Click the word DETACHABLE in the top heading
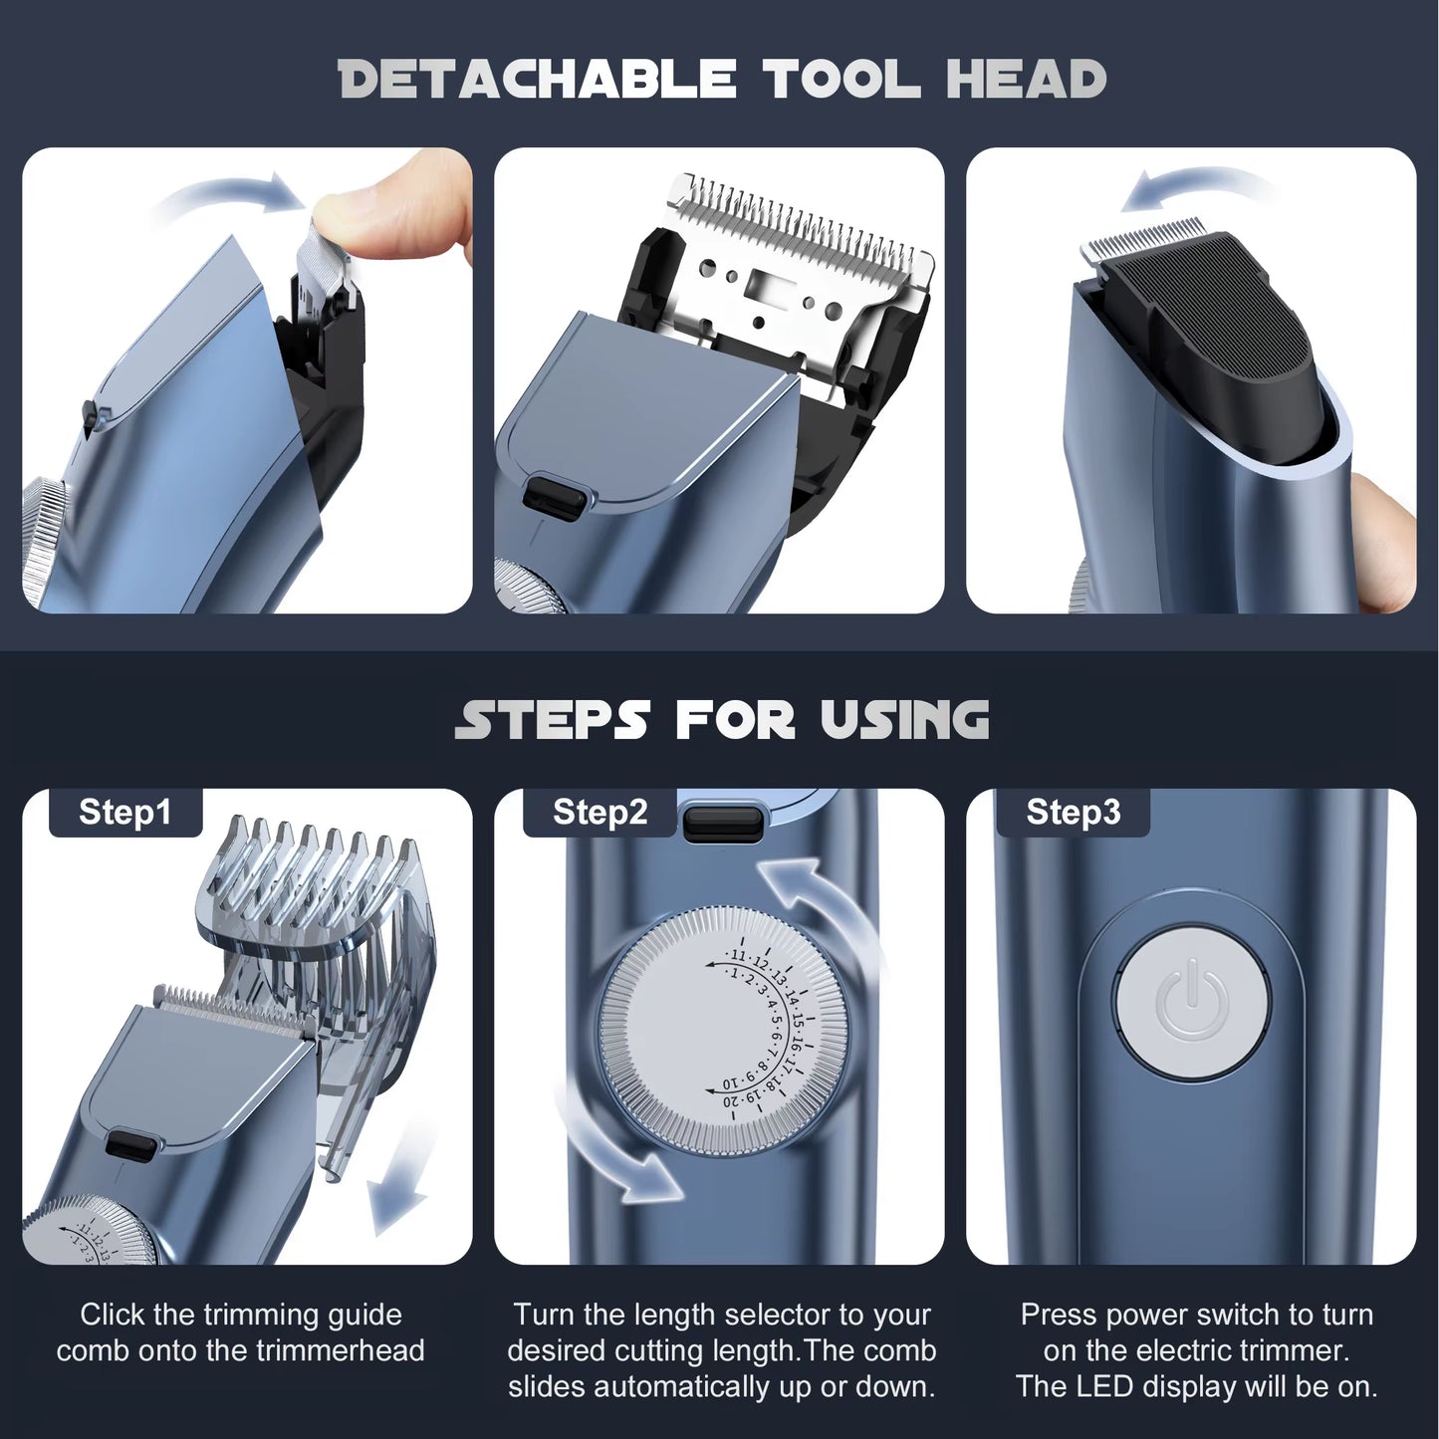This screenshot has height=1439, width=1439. (537, 80)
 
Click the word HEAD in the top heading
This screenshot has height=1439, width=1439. (1026, 80)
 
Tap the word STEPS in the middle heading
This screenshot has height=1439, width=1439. (553, 720)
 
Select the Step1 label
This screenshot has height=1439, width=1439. (125, 813)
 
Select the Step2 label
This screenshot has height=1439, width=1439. (600, 813)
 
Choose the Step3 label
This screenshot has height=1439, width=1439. (1073, 813)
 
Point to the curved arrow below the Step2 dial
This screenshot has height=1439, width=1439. (612, 1155)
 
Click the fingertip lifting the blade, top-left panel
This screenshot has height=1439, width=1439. (398, 204)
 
